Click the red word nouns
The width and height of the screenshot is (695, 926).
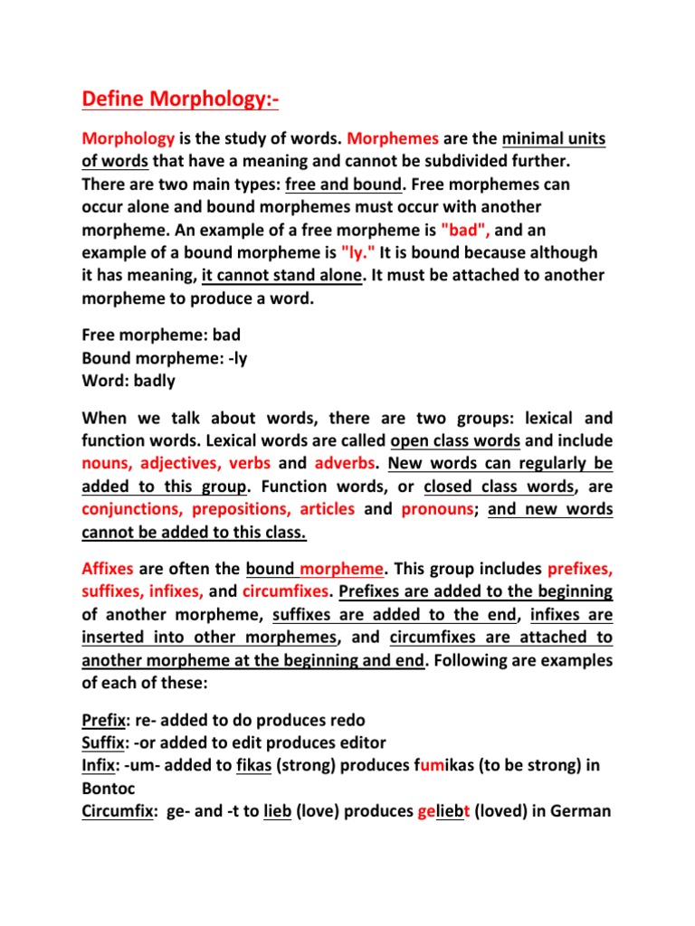[105, 464]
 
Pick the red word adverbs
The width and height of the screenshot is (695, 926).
[346, 464]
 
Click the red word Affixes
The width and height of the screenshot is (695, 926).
[108, 570]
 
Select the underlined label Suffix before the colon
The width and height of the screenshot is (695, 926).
[105, 742]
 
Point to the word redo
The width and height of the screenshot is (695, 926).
[347, 720]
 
